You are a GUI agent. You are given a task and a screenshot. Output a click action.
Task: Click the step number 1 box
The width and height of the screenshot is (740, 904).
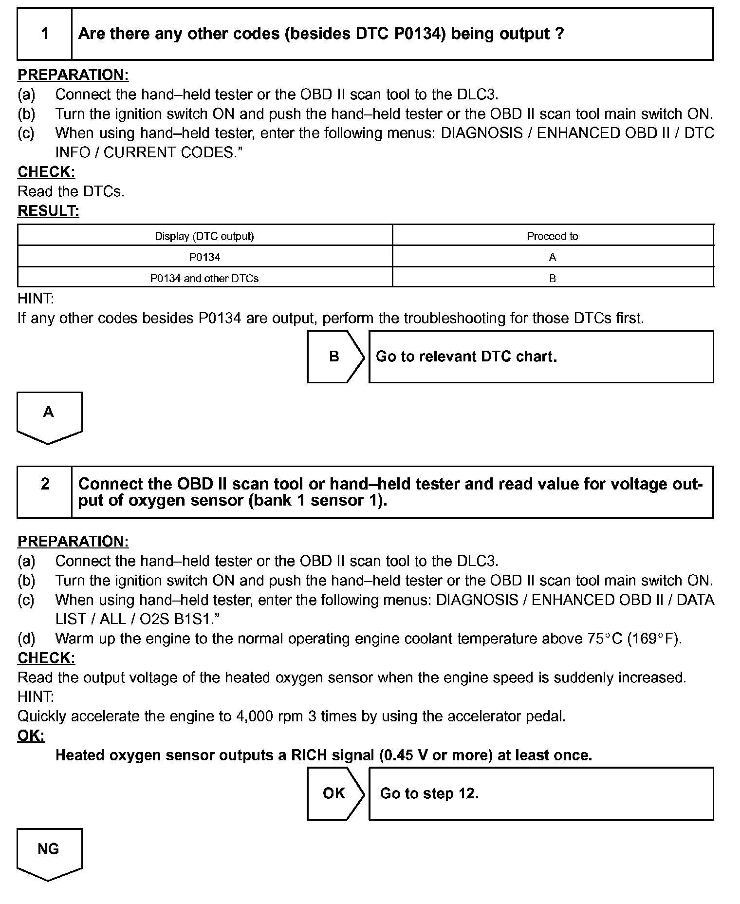click(x=45, y=34)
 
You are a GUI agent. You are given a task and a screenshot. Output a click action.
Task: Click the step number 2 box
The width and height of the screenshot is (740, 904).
click(x=45, y=491)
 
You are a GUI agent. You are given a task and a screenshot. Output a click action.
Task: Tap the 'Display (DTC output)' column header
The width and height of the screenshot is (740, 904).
click(x=204, y=236)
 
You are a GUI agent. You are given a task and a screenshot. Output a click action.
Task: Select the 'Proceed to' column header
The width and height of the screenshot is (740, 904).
click(x=552, y=236)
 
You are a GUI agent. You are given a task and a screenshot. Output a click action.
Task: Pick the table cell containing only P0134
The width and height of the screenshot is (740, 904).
click(x=204, y=257)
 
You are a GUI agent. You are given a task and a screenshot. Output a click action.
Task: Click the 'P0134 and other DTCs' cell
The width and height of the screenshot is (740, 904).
click(x=204, y=278)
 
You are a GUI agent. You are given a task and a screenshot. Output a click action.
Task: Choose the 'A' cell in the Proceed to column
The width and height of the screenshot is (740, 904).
click(x=552, y=257)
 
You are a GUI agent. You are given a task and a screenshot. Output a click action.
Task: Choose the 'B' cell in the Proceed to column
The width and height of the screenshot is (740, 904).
click(x=552, y=278)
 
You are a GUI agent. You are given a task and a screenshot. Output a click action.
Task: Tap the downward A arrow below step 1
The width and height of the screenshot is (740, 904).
click(x=49, y=415)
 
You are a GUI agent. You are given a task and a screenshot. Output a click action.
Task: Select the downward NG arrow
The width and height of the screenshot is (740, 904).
click(x=49, y=852)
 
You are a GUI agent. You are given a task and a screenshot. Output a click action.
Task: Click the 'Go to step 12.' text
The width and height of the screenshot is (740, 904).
click(x=429, y=793)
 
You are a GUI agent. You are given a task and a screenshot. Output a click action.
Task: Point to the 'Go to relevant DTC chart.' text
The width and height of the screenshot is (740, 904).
click(x=466, y=357)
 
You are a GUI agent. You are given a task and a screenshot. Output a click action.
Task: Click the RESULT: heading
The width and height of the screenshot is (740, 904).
click(x=48, y=211)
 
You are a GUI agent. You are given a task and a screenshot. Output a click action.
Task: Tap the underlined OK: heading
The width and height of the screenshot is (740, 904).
click(x=31, y=735)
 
